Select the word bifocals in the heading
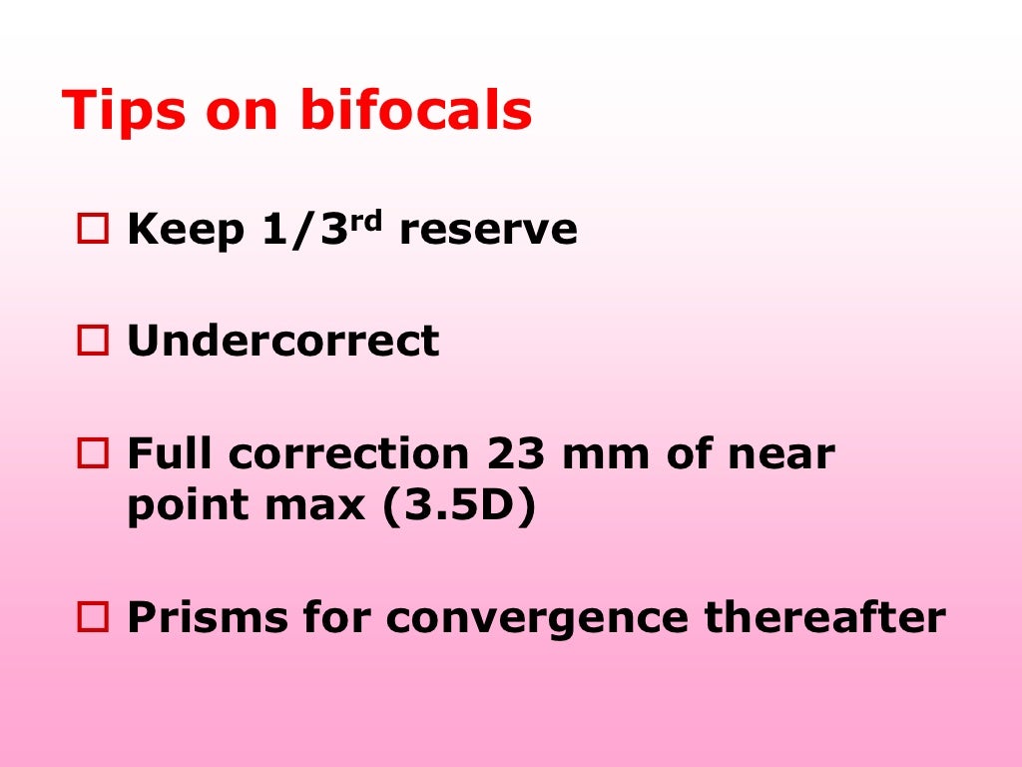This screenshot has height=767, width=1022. coord(415,111)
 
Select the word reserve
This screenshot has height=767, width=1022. coord(488,232)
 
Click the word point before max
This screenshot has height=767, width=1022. coord(188,507)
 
